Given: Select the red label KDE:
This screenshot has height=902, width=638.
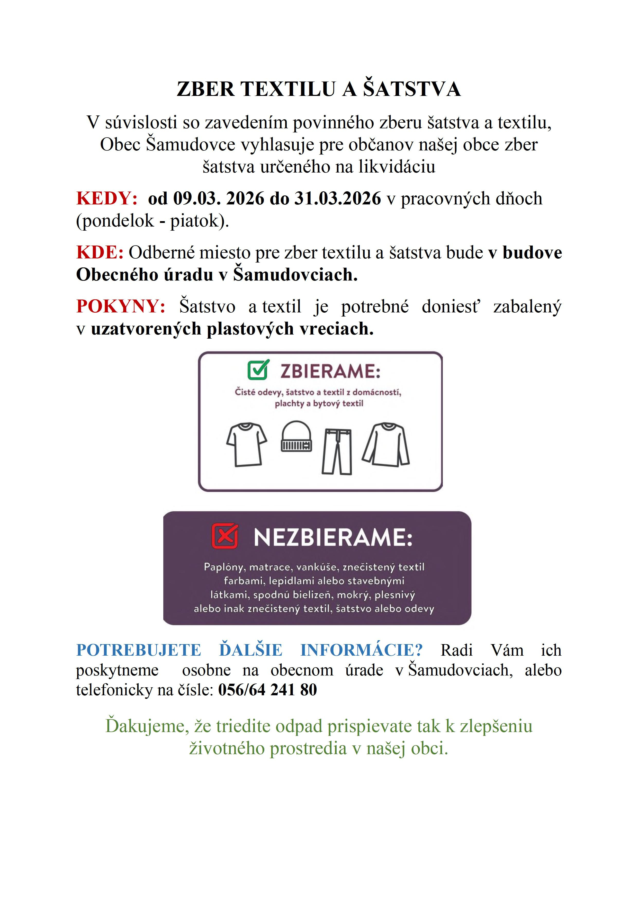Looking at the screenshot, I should coord(100,252).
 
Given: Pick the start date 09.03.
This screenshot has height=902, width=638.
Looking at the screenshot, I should coord(197,199).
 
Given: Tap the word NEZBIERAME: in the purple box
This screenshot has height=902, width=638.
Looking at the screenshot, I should coord(333,537).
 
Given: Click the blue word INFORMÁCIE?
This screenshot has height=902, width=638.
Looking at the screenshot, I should coord(361,650).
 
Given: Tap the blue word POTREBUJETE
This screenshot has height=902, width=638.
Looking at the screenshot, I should coord(138,650).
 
